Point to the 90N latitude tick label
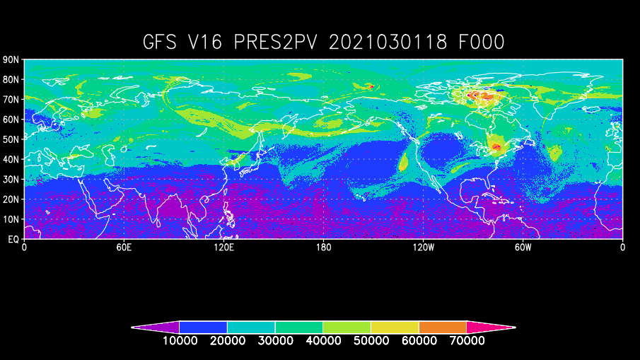tap(11, 60)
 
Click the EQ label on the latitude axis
tap(13, 240)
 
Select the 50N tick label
tap(11, 140)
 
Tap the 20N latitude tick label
tap(11, 199)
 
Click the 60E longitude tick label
tap(124, 248)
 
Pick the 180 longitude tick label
tap(323, 248)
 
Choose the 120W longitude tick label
tap(423, 248)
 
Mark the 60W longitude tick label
tap(523, 248)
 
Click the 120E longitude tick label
tap(223, 248)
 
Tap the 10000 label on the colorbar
tap(180, 340)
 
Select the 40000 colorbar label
tap(323, 340)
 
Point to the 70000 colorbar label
tap(467, 340)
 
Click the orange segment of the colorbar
tap(443, 327)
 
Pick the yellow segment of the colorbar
tap(395, 327)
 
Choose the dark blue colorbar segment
tap(203, 327)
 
